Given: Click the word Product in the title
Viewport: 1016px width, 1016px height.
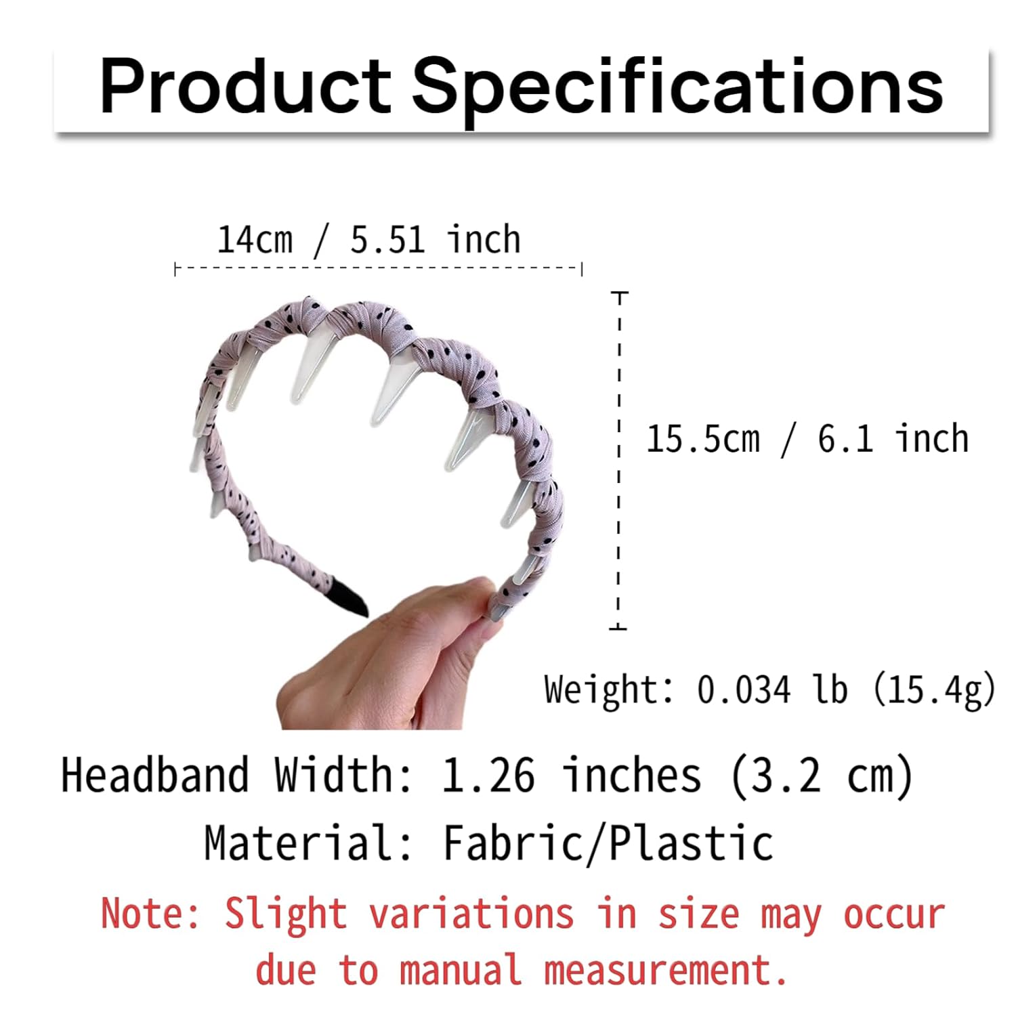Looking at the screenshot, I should (x=245, y=86).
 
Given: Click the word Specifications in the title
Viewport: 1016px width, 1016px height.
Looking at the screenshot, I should (x=677, y=88).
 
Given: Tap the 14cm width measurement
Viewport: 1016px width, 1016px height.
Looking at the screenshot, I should (x=255, y=240).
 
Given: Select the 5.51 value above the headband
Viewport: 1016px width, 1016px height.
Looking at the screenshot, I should (x=387, y=240).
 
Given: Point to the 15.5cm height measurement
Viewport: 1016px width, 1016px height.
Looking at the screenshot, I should (x=703, y=439).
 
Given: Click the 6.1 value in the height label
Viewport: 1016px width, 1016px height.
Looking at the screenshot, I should (x=845, y=439).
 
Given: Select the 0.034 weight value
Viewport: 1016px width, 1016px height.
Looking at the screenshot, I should (x=743, y=690).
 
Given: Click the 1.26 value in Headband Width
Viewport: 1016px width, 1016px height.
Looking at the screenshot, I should (x=488, y=776).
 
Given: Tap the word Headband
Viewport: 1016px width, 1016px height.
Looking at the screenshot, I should (x=155, y=776).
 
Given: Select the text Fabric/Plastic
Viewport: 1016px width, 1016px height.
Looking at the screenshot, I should (x=608, y=843).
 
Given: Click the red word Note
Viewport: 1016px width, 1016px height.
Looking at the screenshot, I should (x=150, y=913).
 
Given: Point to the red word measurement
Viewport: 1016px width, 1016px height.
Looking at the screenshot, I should (x=666, y=970).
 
